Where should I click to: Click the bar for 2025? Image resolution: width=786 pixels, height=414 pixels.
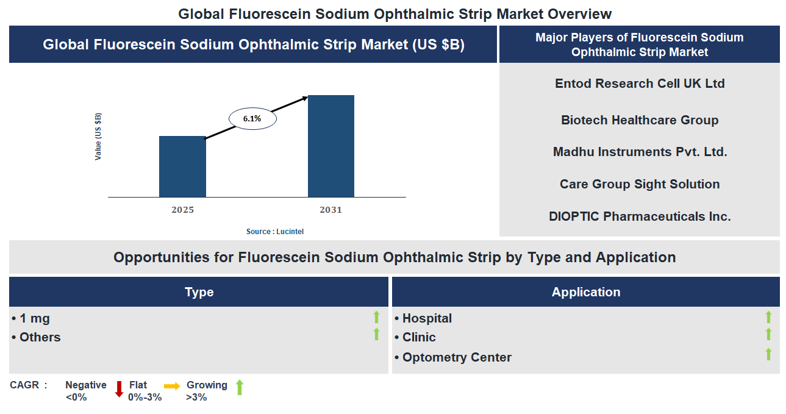pyautogui.click(x=182, y=166)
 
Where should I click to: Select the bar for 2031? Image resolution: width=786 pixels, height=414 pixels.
pyautogui.click(x=330, y=146)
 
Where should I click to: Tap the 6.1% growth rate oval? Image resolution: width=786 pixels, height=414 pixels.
pyautogui.click(x=252, y=119)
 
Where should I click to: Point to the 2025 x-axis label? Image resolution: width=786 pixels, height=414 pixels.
pyautogui.click(x=182, y=210)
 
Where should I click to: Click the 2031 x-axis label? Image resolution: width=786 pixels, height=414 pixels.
pyautogui.click(x=330, y=210)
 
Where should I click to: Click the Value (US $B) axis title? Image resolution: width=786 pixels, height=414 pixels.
pyautogui.click(x=98, y=137)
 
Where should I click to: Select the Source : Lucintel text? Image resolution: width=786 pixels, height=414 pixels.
pyautogui.click(x=274, y=232)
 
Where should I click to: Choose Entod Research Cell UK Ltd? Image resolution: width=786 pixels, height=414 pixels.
pyautogui.click(x=640, y=84)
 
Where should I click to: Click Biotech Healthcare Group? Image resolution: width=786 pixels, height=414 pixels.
pyautogui.click(x=640, y=120)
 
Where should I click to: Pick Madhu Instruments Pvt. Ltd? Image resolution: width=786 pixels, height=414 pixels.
pyautogui.click(x=640, y=152)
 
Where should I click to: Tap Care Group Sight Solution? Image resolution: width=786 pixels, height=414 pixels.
pyautogui.click(x=640, y=184)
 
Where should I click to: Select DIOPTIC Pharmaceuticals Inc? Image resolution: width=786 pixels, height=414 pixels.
pyautogui.click(x=640, y=216)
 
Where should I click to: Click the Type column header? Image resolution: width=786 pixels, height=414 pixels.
pyautogui.click(x=199, y=292)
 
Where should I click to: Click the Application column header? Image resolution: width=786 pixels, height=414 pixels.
pyautogui.click(x=586, y=292)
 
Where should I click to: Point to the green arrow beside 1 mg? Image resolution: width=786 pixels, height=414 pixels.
pyautogui.click(x=376, y=317)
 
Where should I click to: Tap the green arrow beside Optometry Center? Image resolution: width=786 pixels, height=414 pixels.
pyautogui.click(x=768, y=354)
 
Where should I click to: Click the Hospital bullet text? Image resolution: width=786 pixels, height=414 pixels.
pyautogui.click(x=427, y=318)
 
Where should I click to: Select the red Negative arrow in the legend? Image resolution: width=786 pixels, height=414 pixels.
pyautogui.click(x=120, y=389)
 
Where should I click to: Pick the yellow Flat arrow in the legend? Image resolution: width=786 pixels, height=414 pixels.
pyautogui.click(x=172, y=387)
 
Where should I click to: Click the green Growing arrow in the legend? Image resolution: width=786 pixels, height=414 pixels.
pyautogui.click(x=240, y=387)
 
